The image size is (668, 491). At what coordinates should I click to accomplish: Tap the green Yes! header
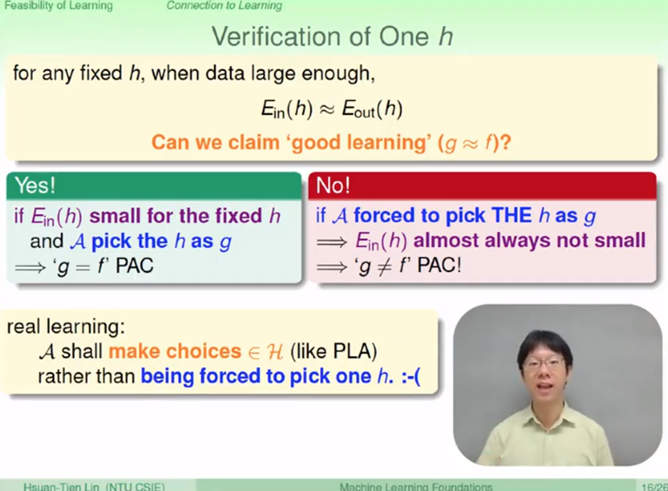[154, 185]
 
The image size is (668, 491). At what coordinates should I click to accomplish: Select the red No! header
[482, 185]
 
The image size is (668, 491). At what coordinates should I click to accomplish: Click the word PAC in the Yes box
[135, 265]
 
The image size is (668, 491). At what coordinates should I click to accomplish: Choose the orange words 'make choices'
[175, 351]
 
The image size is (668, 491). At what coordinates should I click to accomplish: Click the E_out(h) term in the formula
[372, 109]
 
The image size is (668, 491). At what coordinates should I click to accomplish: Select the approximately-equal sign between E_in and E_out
[327, 110]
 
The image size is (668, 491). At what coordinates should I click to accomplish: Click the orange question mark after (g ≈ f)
[505, 142]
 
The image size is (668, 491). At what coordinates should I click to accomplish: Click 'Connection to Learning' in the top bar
[224, 5]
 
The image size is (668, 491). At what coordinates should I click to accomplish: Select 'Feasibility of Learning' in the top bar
[59, 5]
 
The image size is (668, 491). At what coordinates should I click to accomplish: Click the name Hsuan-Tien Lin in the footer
[61, 486]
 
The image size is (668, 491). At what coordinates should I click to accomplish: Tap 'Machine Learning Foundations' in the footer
[416, 487]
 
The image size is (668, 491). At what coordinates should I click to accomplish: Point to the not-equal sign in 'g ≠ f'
[385, 266]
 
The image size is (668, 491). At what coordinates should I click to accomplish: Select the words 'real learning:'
[66, 326]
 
